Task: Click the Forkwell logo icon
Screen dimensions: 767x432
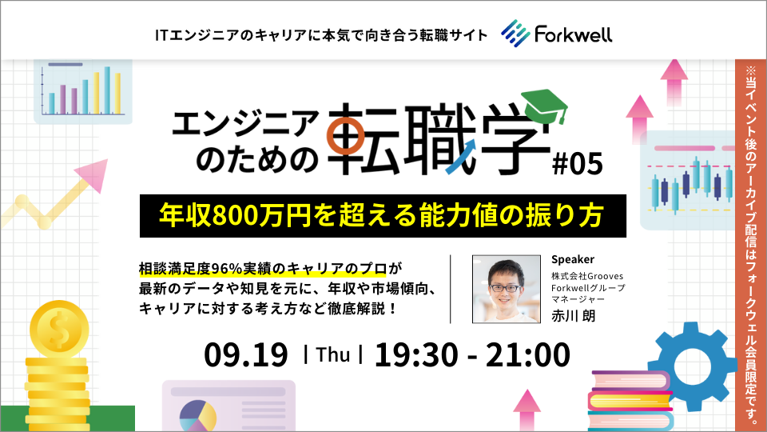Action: (x=515, y=34)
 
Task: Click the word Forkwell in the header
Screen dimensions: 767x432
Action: (x=573, y=34)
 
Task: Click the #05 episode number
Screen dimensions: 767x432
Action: (x=577, y=163)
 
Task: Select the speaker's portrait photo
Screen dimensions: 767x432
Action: (x=507, y=289)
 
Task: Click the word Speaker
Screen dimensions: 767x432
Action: (x=573, y=259)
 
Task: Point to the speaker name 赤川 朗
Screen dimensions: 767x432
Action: (x=574, y=316)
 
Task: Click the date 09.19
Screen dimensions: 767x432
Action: (x=246, y=354)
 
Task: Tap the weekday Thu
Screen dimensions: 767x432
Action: (x=333, y=354)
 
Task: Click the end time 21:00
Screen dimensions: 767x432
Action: (x=528, y=354)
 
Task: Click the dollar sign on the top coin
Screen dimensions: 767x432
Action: (x=59, y=329)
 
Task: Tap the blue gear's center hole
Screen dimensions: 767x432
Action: (x=691, y=366)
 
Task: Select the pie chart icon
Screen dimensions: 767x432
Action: (x=197, y=416)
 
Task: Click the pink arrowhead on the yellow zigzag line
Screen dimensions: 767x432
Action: (x=93, y=174)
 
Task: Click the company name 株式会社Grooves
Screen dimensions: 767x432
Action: (x=587, y=276)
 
